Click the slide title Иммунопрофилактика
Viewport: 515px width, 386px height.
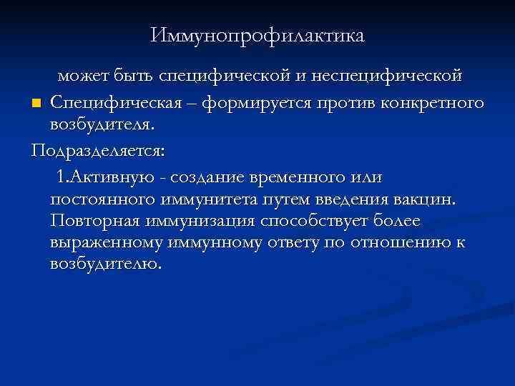[257, 34]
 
